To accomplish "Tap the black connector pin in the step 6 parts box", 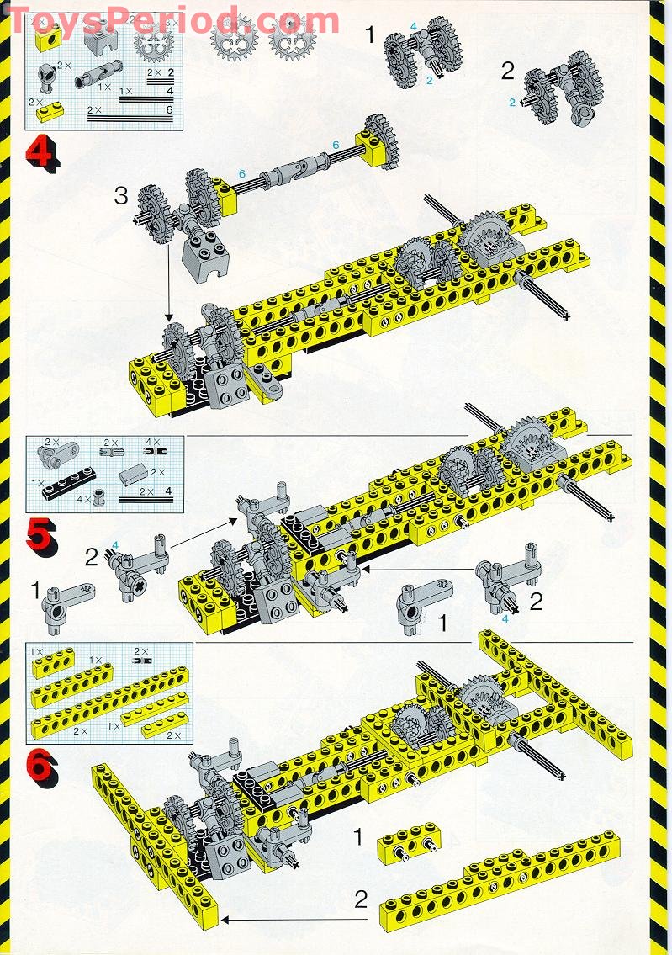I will coord(139,663).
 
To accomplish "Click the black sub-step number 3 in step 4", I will coord(122,199).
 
